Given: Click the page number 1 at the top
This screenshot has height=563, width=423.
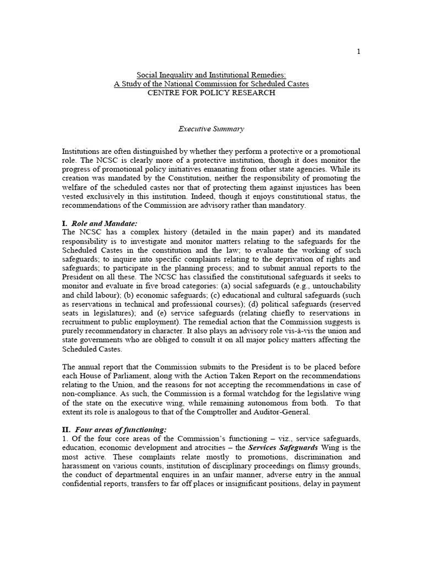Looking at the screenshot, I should tap(358, 52).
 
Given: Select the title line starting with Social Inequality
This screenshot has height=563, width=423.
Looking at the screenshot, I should tap(211, 74).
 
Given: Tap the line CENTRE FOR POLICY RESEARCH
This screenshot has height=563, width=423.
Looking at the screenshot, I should tap(211, 93).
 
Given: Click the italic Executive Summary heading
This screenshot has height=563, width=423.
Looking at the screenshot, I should tap(211, 129).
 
